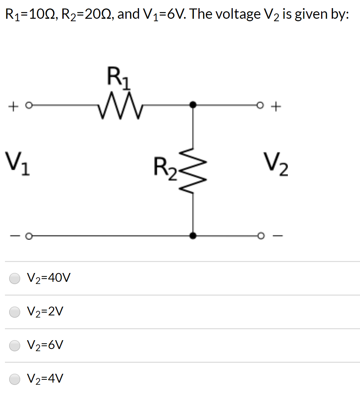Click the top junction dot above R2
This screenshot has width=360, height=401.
(x=192, y=105)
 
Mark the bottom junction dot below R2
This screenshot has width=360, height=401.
(x=192, y=235)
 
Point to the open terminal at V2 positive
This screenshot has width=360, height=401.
(x=261, y=105)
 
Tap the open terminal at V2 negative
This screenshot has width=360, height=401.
(x=261, y=235)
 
